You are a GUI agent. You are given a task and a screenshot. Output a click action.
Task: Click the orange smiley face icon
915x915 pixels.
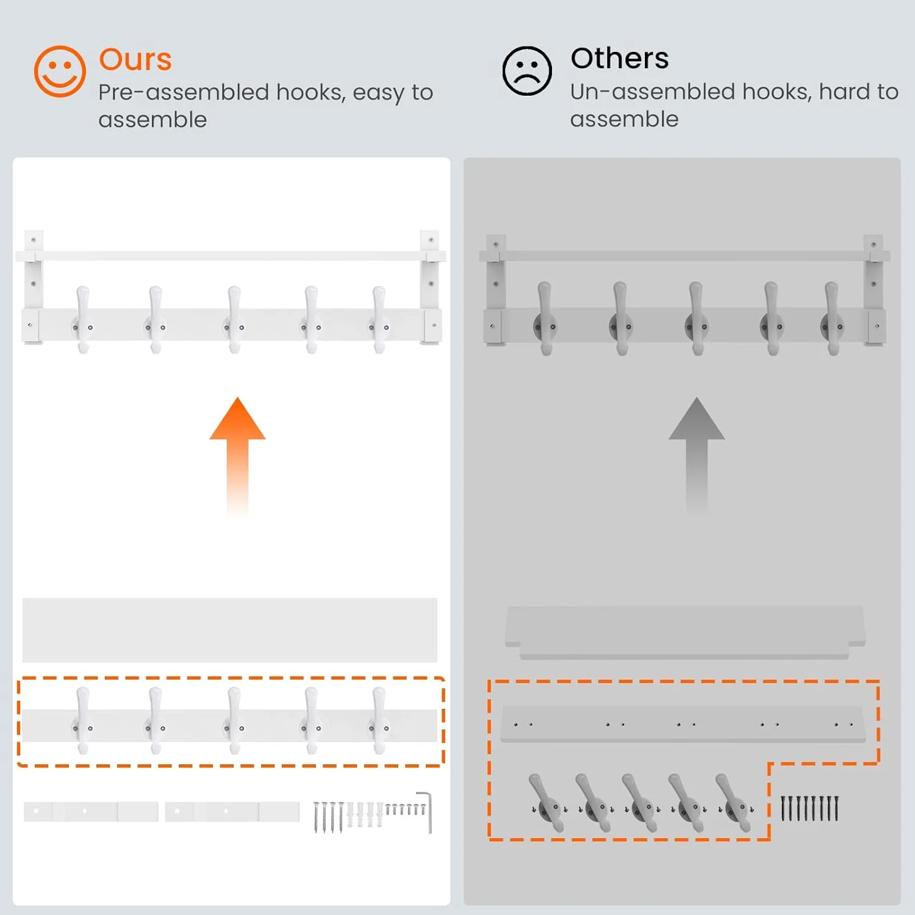point(60,71)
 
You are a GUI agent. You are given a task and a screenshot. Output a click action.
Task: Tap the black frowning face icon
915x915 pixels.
point(527,71)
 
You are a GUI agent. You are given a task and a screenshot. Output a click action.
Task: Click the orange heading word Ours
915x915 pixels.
point(135,60)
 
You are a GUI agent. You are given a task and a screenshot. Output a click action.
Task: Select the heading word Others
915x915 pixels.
point(620,59)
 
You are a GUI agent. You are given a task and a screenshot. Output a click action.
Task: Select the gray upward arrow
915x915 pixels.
point(697,455)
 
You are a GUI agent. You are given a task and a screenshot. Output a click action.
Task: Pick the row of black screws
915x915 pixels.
point(810,808)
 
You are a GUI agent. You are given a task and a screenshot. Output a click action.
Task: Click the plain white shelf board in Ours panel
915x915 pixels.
point(230,630)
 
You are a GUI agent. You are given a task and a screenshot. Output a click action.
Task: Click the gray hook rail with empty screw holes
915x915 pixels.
point(683,724)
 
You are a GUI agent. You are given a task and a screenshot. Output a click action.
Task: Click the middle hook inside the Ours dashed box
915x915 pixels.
point(234,720)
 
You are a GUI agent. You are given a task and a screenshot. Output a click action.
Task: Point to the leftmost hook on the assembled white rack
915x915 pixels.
point(83,320)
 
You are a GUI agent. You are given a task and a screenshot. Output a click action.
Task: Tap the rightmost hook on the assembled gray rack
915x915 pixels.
point(832,318)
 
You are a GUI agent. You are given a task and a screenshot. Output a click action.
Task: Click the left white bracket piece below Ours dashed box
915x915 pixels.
point(91,811)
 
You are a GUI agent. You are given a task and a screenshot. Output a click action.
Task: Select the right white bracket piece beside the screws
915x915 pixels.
point(232,811)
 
